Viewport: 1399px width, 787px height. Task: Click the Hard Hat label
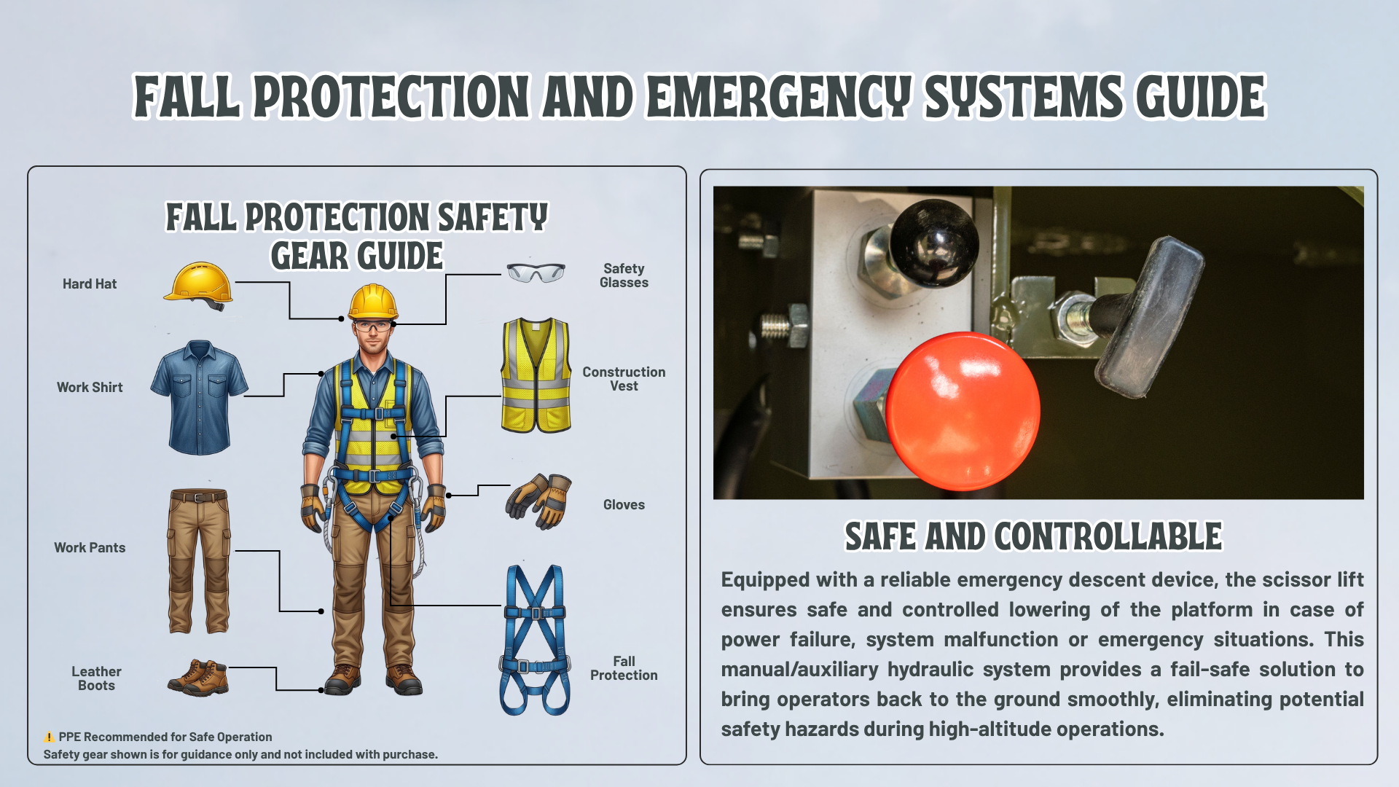(90, 284)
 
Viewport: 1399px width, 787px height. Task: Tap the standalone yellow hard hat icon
(198, 285)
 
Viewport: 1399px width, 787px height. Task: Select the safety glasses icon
(536, 273)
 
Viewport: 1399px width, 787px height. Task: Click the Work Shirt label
(90, 388)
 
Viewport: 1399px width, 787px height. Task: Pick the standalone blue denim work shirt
(199, 397)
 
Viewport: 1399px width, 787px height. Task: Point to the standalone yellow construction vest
(536, 375)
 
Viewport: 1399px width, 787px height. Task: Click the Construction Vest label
(624, 379)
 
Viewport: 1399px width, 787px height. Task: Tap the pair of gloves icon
(538, 501)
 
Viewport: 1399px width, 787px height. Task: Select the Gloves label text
(624, 505)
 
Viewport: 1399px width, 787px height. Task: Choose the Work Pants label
(90, 548)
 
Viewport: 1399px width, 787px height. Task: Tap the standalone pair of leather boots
(198, 678)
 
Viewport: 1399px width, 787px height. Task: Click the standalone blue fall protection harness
(535, 640)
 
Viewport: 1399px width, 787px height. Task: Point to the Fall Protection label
(624, 668)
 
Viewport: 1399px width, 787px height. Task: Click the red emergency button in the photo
(963, 411)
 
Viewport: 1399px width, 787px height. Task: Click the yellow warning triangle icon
(49, 737)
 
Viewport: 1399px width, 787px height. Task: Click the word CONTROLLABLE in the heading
(1108, 537)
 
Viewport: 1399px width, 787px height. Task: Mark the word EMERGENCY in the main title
(779, 96)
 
